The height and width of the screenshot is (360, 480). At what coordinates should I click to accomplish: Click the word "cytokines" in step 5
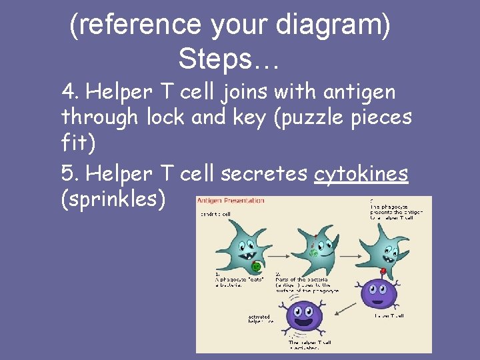361,173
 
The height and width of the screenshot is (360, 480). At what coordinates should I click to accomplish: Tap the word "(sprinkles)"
113,200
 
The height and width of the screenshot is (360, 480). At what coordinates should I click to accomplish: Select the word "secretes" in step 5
265,173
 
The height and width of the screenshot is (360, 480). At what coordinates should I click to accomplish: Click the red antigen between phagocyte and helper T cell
383,271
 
